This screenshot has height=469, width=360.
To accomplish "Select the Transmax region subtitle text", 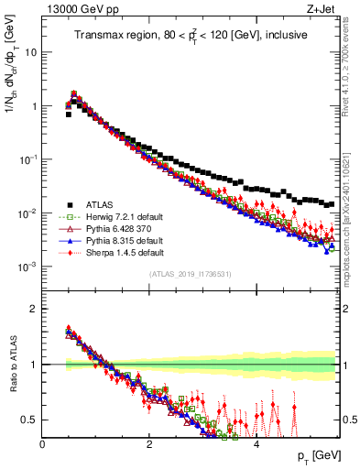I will point(191,36).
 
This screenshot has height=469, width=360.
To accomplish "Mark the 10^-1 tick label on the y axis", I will point(27,159).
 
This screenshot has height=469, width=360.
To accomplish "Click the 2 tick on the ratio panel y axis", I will point(35,309).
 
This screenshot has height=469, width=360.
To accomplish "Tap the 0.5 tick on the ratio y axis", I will point(31,420).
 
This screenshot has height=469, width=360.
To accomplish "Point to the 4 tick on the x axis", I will point(256,444).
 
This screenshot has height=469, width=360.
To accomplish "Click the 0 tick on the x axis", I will point(42,444).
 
